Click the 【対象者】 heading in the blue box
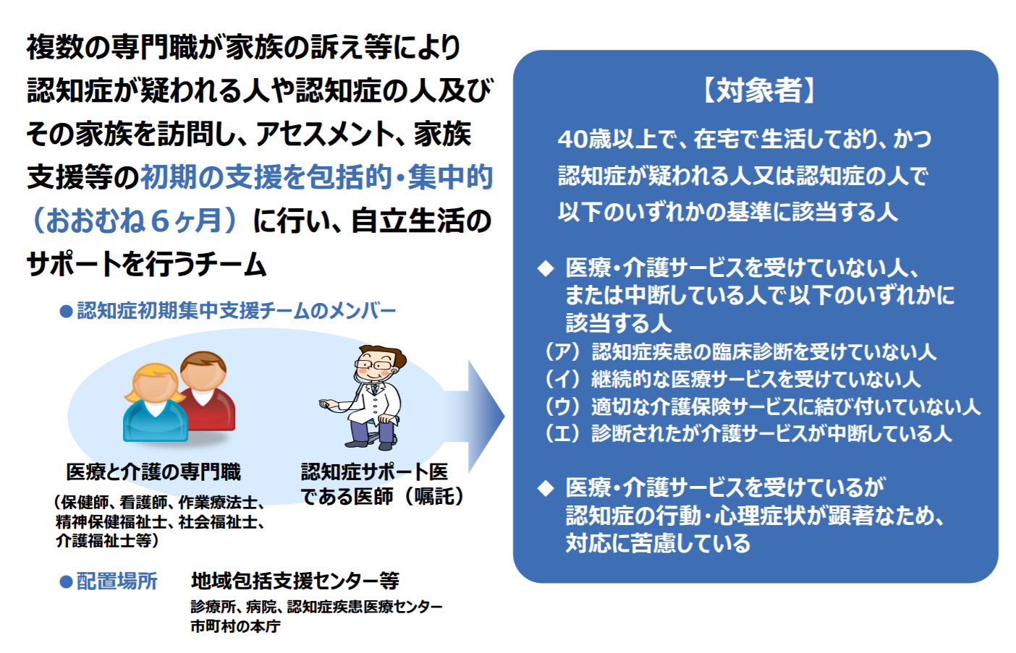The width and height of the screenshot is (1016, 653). click(759, 90)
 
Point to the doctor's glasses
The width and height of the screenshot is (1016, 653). click(375, 364)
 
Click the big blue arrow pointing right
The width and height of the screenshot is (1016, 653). click(476, 416)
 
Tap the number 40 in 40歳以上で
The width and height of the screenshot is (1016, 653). click(573, 139)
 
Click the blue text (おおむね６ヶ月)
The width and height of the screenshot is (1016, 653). click(134, 221)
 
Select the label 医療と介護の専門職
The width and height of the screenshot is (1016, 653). click(153, 471)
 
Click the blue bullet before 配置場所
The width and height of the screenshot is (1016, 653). click(67, 582)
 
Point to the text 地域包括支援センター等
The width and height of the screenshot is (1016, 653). click(295, 581)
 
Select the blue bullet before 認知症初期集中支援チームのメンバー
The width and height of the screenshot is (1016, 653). click(67, 312)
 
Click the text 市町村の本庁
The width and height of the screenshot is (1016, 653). click(235, 626)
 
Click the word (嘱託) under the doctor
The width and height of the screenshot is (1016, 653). click(433, 496)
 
